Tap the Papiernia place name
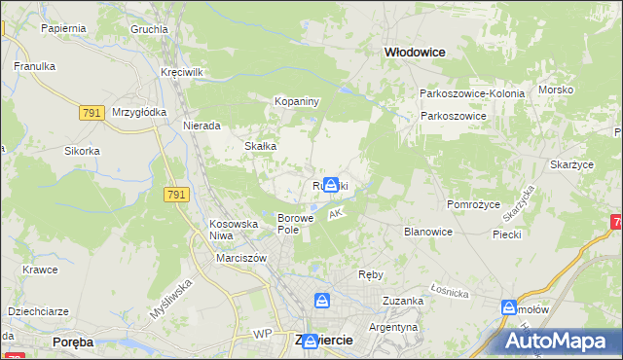pyautogui.click(x=63, y=28)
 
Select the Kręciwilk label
pyautogui.click(x=182, y=73)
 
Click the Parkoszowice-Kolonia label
pyautogui.click(x=472, y=93)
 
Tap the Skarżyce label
pyautogui.click(x=571, y=165)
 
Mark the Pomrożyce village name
pyautogui.click(x=472, y=204)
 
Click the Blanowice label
pyautogui.click(x=428, y=232)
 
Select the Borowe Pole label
pyautogui.click(x=296, y=224)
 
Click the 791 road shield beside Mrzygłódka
pyautogui.click(x=92, y=114)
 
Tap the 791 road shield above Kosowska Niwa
pyautogui.click(x=176, y=196)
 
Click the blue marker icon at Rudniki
pyautogui.click(x=332, y=183)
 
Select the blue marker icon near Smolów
pyautogui.click(x=509, y=307)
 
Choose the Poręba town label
pyautogui.click(x=74, y=342)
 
